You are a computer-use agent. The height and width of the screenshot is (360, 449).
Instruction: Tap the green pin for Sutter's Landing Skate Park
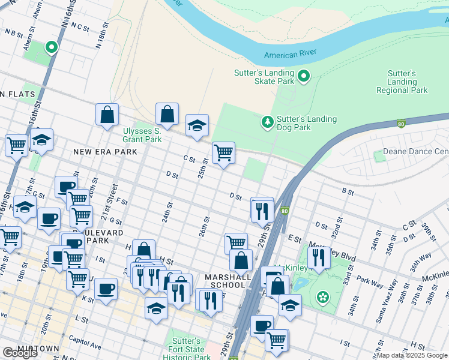tap(303, 76)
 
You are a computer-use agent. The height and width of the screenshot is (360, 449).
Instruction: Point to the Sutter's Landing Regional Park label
tap(402, 82)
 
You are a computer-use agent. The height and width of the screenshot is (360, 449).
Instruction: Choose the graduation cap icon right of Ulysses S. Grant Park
tap(197, 125)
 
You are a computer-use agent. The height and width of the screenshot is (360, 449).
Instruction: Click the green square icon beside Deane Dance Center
tap(379, 156)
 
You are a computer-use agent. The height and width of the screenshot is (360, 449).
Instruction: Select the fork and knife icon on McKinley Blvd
tap(319, 257)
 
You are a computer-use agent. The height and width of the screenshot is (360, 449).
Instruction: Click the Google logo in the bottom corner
tap(20, 353)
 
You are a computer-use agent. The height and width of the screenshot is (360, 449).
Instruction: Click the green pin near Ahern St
tap(52, 46)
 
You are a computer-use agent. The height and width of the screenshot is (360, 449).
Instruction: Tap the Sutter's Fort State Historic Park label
tap(187, 349)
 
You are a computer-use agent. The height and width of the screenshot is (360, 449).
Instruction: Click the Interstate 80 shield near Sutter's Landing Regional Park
tap(402, 124)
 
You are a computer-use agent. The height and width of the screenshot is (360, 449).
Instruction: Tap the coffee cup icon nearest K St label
tap(106, 289)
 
